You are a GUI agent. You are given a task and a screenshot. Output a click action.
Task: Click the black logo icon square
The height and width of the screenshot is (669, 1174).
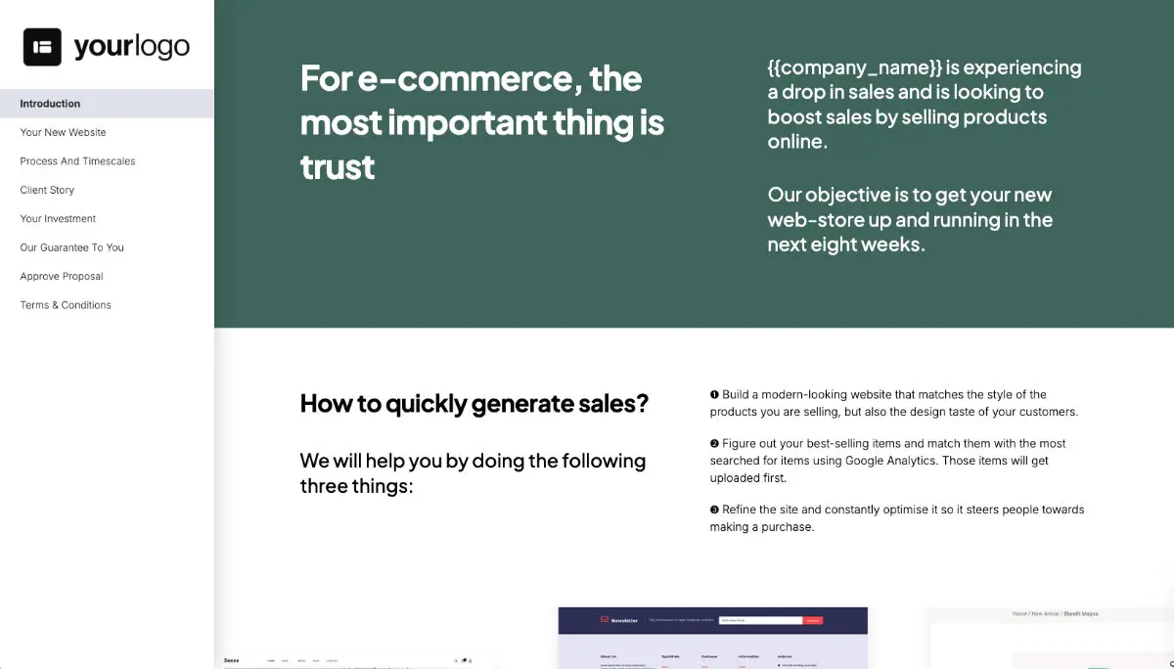pyautogui.click(x=43, y=47)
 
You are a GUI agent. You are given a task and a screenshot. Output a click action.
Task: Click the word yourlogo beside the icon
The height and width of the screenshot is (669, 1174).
pyautogui.click(x=131, y=47)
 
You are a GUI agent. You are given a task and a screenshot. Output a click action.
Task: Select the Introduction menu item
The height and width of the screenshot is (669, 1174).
pyautogui.click(x=50, y=104)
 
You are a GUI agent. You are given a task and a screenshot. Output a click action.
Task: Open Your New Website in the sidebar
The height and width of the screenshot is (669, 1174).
pyautogui.click(x=63, y=132)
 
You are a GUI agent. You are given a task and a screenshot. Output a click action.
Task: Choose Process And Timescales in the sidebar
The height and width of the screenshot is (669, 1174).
pyautogui.click(x=77, y=161)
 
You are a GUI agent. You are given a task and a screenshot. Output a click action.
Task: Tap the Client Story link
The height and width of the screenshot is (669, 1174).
pyautogui.click(x=47, y=190)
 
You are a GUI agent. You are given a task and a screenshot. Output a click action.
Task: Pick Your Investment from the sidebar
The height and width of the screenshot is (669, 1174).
pyautogui.click(x=58, y=219)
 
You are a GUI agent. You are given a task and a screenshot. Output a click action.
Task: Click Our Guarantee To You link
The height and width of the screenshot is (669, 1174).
pyautogui.click(x=71, y=247)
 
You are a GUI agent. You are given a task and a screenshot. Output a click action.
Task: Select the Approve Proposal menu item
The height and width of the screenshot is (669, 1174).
pyautogui.click(x=62, y=276)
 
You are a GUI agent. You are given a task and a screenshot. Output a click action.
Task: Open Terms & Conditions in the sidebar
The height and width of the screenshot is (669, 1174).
pyautogui.click(x=66, y=305)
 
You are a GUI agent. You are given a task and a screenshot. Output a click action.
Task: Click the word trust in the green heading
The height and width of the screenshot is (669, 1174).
pyautogui.click(x=338, y=167)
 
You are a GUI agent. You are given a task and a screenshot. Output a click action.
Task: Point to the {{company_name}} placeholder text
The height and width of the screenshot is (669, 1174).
pyautogui.click(x=854, y=67)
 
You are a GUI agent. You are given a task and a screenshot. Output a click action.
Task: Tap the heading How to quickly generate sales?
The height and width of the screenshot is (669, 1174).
pyautogui.click(x=474, y=403)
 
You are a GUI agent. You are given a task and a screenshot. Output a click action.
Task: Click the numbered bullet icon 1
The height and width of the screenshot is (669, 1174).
pyautogui.click(x=714, y=395)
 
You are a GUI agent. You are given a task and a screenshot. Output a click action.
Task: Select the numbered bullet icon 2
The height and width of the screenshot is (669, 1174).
pyautogui.click(x=714, y=444)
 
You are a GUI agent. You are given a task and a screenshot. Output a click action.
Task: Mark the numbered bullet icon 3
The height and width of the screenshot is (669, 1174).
pyautogui.click(x=714, y=510)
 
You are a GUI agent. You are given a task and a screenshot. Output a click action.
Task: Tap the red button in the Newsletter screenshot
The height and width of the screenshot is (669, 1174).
pyautogui.click(x=813, y=620)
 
